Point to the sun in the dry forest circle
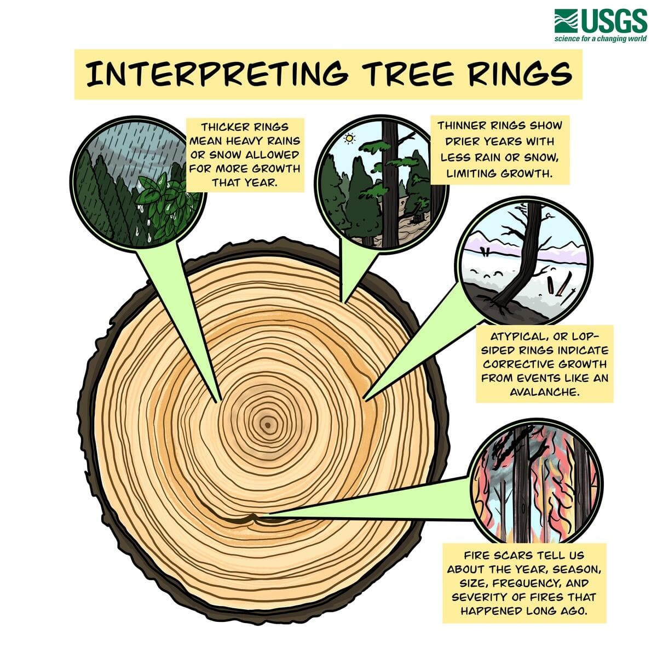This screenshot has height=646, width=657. (349, 139)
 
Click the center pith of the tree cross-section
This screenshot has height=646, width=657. (267, 425)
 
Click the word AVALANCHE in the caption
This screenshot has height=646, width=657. (544, 392)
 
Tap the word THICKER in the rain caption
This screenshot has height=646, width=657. (219, 127)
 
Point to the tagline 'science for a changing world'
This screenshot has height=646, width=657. (600, 38)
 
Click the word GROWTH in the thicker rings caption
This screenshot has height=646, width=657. (278, 169)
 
